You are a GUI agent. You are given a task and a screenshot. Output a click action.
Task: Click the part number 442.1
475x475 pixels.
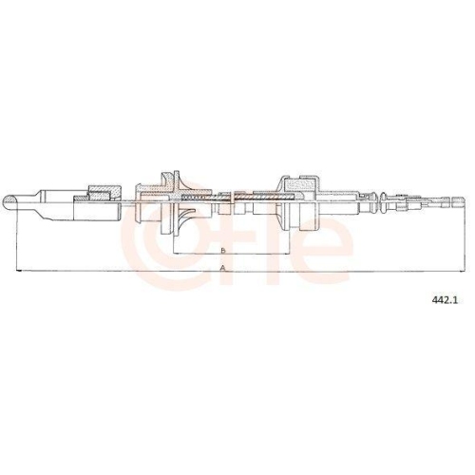click(446, 300)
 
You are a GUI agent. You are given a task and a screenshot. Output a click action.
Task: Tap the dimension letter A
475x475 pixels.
click(223, 268)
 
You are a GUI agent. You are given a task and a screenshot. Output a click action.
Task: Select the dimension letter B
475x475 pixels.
click(223, 251)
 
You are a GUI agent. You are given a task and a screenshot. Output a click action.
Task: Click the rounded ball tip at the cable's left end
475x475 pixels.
click(9, 202)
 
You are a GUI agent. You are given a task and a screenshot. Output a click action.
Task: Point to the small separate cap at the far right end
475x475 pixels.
click(459, 200)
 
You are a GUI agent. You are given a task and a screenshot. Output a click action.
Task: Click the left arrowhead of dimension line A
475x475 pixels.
click(18, 271)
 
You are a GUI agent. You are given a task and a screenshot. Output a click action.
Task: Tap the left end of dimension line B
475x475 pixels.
click(174, 253)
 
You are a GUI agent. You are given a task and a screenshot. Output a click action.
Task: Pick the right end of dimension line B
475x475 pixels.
click(290, 253)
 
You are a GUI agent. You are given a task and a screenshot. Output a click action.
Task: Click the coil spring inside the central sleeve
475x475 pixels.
click(195, 198)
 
